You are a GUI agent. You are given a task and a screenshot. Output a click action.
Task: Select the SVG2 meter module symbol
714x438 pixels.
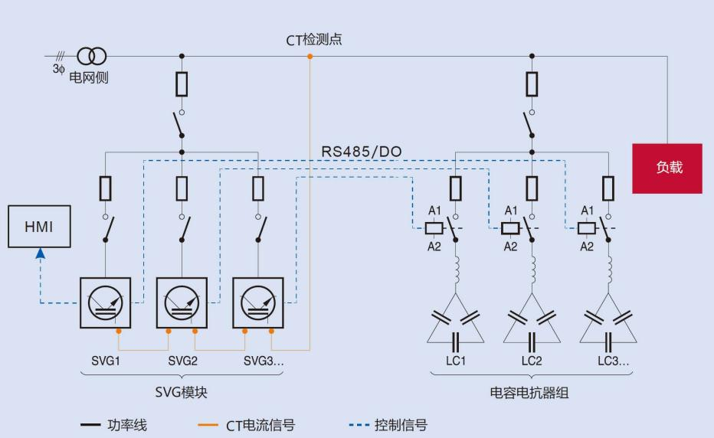coord(182,302)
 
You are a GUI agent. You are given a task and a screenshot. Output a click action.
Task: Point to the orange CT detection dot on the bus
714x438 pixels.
coord(310,57)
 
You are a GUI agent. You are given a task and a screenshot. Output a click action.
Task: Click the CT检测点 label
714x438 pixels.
coord(314,40)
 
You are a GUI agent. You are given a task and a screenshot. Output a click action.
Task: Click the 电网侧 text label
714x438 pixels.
coord(89,78)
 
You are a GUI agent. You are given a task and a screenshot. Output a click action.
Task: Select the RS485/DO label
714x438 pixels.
coord(360,152)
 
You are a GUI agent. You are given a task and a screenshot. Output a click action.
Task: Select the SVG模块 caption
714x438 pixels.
coord(181,392)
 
